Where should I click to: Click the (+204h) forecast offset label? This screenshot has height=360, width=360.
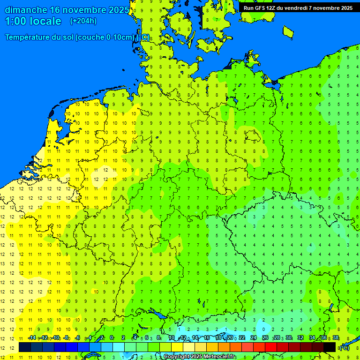pyautogui.click(x=83, y=21)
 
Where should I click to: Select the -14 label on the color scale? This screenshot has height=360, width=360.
pyautogui.click(x=32, y=338)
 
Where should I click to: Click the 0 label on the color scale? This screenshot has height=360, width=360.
pyautogui.click(x=112, y=338)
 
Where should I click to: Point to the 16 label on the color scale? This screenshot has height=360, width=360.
pyautogui.click(x=207, y=338)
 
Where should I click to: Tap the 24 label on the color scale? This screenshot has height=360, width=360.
pyautogui.click(x=254, y=338)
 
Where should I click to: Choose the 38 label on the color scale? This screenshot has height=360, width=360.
pyautogui.click(x=336, y=338)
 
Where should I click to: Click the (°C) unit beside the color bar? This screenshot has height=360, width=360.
pyautogui.click(x=344, y=347)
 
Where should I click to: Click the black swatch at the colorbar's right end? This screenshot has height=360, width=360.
pyautogui.click(x=330, y=347)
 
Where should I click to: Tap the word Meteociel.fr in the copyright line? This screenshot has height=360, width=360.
pyautogui.click(x=220, y=357)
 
